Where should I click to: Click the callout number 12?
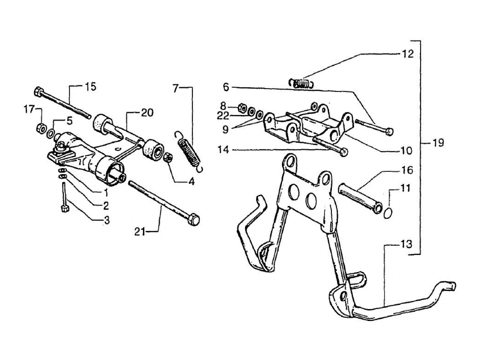coord(408,54)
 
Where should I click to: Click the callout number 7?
coord(176,89)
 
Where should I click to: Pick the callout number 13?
coord(407,245)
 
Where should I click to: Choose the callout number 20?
coord(147,113)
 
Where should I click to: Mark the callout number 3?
coord(107,221)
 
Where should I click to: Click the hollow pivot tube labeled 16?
coord(359,198)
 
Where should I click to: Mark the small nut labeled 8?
coord(241,108)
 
